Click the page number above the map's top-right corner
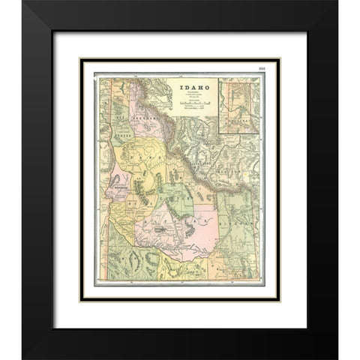point(262,70)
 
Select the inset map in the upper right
point(239,104)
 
